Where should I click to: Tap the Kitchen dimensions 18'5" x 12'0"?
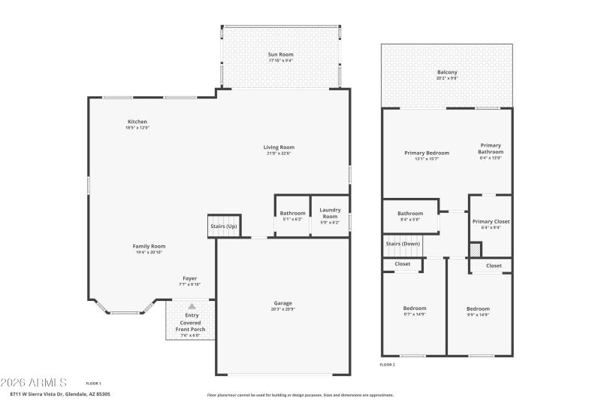pos(137,128)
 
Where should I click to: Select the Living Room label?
pos(279,147)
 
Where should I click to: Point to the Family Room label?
pos(149,246)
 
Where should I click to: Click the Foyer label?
pos(189,278)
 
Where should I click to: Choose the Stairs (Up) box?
pos(223,226)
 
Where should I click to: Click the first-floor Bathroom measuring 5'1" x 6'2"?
pos(293,214)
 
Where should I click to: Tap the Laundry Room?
pos(330,214)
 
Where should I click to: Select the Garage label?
pos(282,303)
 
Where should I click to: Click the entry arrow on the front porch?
pos(192,306)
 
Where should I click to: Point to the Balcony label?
pos(447,72)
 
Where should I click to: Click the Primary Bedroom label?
pos(427,153)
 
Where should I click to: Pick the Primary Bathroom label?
pos(491,148)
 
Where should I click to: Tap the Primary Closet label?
pos(491,222)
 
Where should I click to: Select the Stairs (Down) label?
pos(403,244)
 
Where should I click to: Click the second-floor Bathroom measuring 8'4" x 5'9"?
pos(410,214)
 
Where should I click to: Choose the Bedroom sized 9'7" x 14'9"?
pos(414,308)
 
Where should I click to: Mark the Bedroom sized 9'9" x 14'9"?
pos(478,309)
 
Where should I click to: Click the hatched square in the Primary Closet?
pos(475,250)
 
